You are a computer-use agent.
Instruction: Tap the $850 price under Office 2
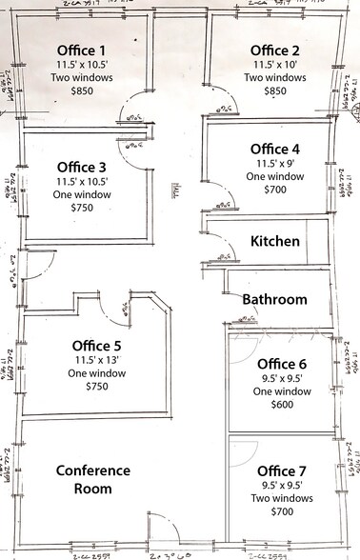[275, 91]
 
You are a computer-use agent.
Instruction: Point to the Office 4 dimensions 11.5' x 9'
[275, 163]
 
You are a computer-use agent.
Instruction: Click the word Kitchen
[275, 242]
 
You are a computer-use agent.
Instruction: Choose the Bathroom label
[274, 299]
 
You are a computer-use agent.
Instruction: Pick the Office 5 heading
[97, 346]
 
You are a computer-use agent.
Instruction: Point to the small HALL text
[176, 190]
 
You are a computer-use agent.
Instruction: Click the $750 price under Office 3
[81, 209]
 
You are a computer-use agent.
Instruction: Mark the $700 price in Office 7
[283, 512]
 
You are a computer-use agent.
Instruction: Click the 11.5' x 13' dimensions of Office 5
[97, 361]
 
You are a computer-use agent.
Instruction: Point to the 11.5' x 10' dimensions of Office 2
[275, 64]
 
